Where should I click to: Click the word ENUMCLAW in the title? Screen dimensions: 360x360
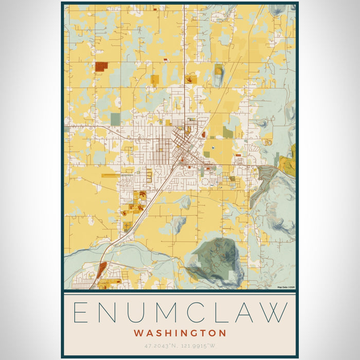tap(179, 312)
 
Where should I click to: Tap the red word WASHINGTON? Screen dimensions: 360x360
tap(179, 333)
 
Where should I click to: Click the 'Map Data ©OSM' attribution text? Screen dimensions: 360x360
tap(286, 287)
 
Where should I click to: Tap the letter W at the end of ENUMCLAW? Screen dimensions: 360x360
tap(275, 312)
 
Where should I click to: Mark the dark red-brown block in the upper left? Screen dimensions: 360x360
tap(101, 66)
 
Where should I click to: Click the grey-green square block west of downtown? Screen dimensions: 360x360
tap(115, 119)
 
